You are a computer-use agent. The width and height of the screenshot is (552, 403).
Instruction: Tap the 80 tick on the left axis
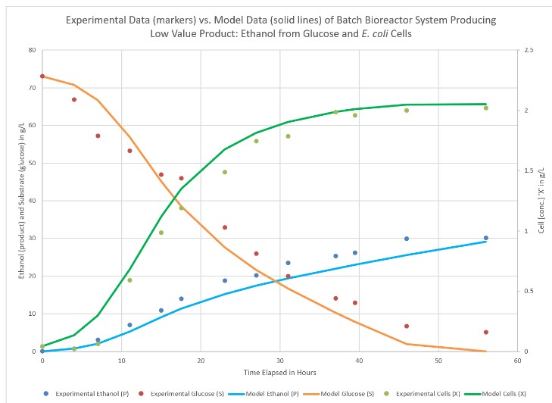coord(32,51)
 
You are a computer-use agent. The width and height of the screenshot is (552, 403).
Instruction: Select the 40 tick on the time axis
coord(359,361)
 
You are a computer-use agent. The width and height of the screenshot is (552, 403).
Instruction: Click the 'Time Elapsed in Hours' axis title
coord(279,372)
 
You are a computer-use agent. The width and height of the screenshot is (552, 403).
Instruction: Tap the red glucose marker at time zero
coord(42,77)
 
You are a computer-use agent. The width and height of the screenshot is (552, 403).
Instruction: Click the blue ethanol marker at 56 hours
coord(486,238)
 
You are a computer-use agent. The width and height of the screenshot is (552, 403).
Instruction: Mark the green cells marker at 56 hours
coord(486,108)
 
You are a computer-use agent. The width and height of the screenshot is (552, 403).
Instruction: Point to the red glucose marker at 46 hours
coord(407,326)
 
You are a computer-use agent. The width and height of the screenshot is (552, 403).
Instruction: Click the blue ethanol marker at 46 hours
coord(407,239)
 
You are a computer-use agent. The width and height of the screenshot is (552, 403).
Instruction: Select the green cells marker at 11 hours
coord(129,280)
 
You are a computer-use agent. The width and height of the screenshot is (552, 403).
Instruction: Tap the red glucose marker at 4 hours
coord(74,99)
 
